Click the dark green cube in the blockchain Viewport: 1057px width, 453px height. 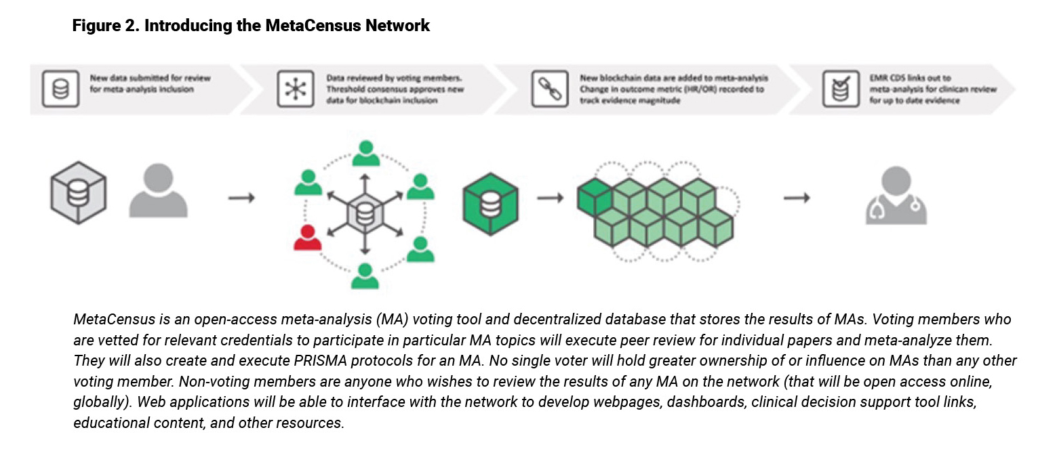click(594, 195)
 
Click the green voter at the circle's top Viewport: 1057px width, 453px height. click(365, 154)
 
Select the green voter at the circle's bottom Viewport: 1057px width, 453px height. click(365, 274)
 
